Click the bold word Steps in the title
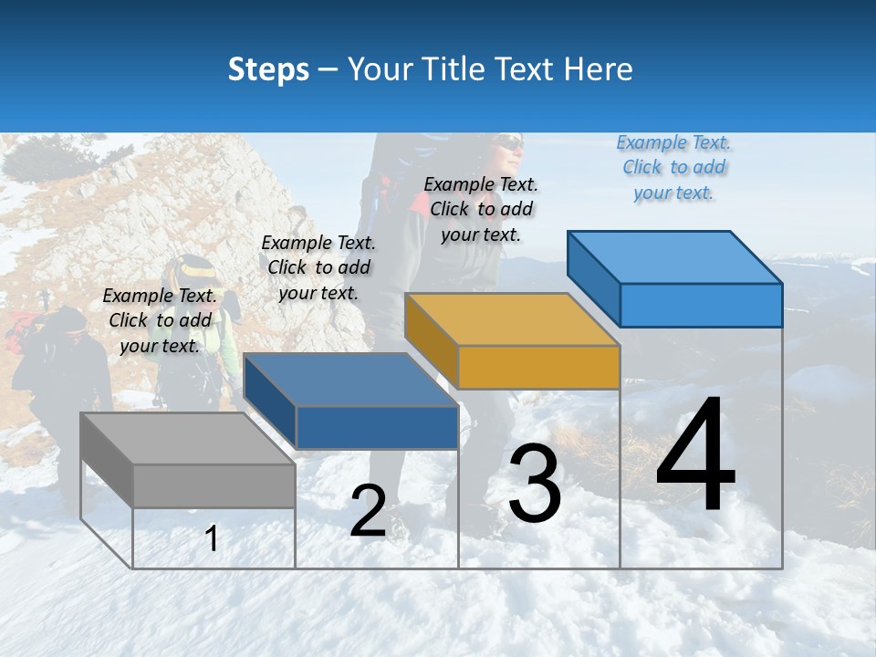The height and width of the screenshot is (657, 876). (x=268, y=69)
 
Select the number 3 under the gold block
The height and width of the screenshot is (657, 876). (x=535, y=484)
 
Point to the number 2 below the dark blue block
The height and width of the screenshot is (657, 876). (x=368, y=511)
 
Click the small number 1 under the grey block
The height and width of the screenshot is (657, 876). (x=212, y=538)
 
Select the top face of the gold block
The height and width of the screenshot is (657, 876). (x=512, y=319)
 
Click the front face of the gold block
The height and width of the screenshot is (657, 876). (x=538, y=368)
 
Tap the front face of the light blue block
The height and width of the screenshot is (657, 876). (x=701, y=305)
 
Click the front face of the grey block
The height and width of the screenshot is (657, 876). (x=214, y=485)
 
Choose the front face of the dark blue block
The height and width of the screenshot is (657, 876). (x=376, y=427)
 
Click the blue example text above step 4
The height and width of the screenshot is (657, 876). (x=673, y=167)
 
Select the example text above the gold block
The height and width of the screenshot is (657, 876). (x=481, y=209)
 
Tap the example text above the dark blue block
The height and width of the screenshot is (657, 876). (x=318, y=267)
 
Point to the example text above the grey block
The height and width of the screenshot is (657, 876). (x=160, y=320)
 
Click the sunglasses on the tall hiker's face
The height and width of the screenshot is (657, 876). (x=511, y=144)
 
